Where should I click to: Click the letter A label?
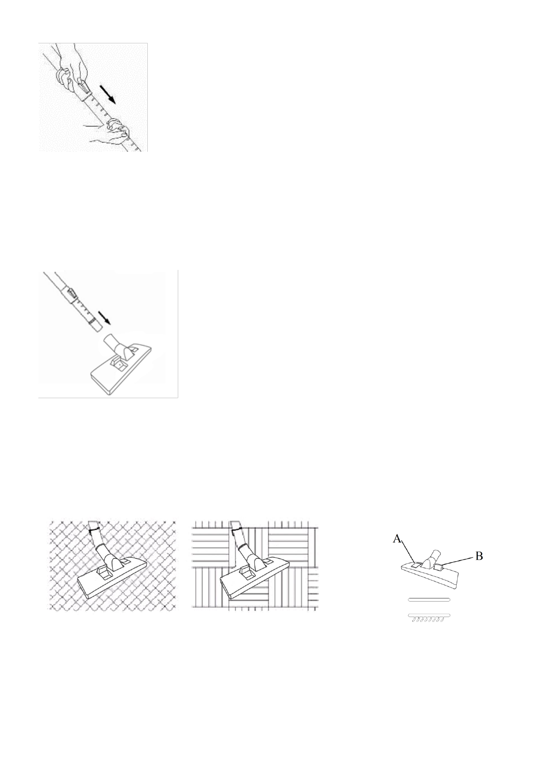click(x=396, y=538)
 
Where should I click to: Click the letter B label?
click(x=479, y=556)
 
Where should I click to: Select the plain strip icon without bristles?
click(x=429, y=599)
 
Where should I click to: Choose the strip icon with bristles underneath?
click(x=429, y=617)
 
